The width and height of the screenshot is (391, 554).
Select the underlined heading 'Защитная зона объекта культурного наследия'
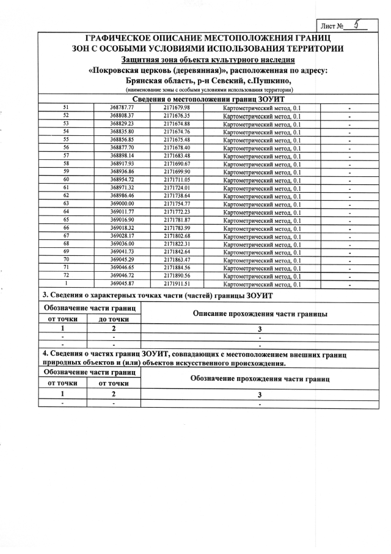[x=208, y=59]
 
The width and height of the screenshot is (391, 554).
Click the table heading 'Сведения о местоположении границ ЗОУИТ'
[x=208, y=99]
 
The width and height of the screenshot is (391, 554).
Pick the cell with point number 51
[x=66, y=108]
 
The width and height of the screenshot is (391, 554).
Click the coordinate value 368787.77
[x=122, y=108]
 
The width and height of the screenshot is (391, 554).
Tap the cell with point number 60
[x=66, y=180]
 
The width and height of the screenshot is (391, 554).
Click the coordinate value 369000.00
[x=122, y=204]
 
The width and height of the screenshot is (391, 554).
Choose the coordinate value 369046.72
[x=122, y=276]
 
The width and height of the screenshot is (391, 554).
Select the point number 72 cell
[x=66, y=276]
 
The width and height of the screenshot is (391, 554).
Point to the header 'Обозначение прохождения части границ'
[x=260, y=379]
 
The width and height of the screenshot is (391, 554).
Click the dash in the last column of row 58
[x=349, y=164]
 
